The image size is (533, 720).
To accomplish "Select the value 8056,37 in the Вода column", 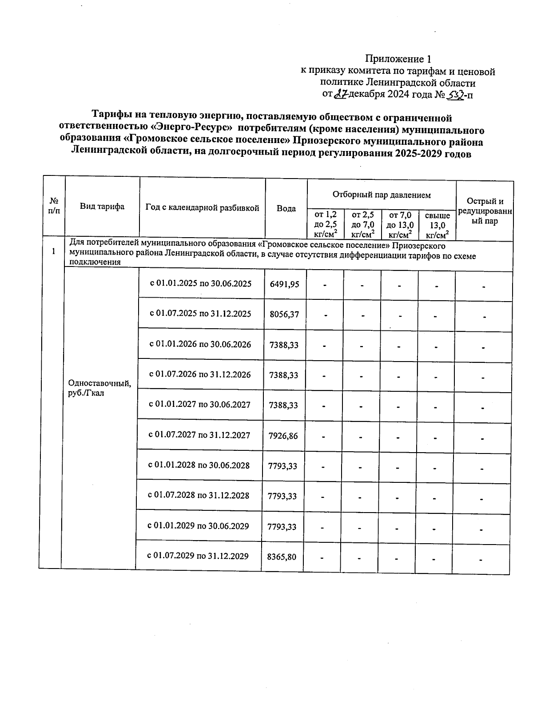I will tap(284, 314).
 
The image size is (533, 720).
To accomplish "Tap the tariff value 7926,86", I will tap(283, 436).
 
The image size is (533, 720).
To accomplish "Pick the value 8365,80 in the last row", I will tap(282, 556).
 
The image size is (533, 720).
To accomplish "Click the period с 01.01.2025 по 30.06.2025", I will tap(201, 283).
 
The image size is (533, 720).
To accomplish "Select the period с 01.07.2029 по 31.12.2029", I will tap(198, 556).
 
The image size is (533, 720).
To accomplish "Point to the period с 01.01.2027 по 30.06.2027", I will tap(199, 405).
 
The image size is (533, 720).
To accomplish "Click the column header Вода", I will tap(286, 208).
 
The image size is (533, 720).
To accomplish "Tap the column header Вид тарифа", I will tap(102, 206).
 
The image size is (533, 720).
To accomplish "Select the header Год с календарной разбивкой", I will tap(202, 207).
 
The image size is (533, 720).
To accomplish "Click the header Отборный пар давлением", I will tap(382, 195).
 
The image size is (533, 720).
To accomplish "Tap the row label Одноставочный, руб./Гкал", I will tap(99, 388).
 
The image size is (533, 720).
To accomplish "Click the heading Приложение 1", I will tap(398, 59).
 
